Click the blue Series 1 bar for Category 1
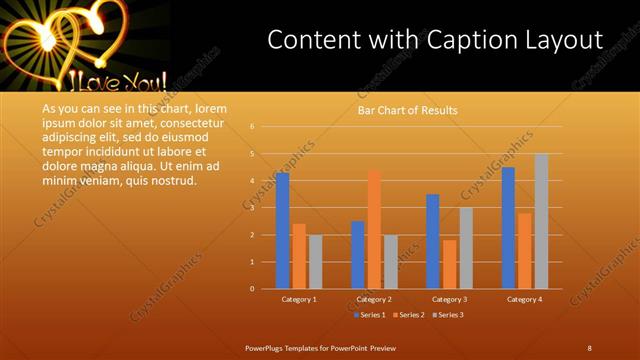(x=283, y=231)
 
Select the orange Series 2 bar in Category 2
(x=374, y=229)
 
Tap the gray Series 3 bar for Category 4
(x=541, y=221)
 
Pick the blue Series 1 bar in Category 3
(x=433, y=241)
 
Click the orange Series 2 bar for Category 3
(x=449, y=264)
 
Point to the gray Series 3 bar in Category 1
(x=315, y=261)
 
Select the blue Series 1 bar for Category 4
(x=508, y=228)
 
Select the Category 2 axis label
(x=373, y=299)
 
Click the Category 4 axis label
(x=524, y=299)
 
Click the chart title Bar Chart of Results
(x=407, y=110)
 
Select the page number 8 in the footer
(x=589, y=347)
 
